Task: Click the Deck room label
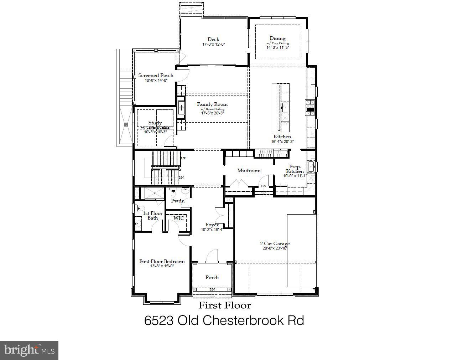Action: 213,39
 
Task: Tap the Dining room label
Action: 277,38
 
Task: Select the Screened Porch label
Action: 156,75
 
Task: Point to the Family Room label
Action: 212,104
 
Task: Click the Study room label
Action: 155,123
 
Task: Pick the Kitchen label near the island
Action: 282,137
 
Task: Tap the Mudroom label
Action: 249,170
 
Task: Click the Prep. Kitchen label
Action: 295,169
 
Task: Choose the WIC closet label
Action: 179,218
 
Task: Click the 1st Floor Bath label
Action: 152,216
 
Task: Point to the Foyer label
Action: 212,225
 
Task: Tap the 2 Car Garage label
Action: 275,244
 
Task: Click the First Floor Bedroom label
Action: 162,261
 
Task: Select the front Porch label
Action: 212,277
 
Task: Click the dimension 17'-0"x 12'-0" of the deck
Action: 213,45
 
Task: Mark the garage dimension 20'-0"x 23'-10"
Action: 275,248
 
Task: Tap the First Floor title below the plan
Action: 225,305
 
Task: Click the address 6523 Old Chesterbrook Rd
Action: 224,320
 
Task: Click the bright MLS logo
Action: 29,350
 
